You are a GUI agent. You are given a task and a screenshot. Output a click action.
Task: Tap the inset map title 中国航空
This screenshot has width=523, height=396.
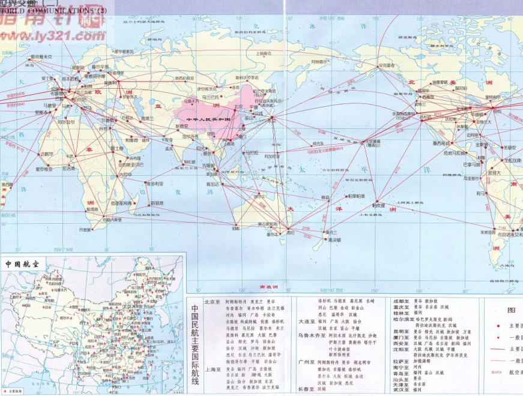25,263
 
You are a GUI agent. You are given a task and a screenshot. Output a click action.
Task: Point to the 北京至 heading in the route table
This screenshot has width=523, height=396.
212,302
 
